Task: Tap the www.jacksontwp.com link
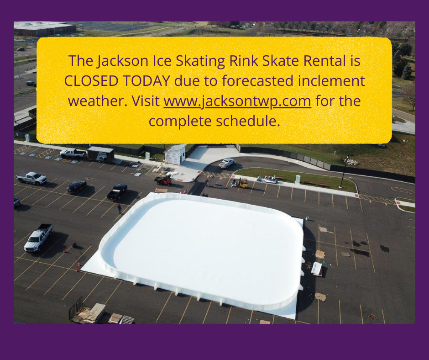click(237, 101)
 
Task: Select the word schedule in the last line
click(248, 121)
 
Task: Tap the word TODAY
click(146, 81)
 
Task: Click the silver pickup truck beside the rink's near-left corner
click(38, 237)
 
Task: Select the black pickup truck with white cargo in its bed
click(117, 191)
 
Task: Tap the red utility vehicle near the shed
click(163, 180)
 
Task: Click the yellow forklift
click(242, 183)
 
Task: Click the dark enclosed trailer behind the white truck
click(100, 154)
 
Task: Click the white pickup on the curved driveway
click(226, 163)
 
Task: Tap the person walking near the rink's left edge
click(119, 208)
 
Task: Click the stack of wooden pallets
click(94, 313)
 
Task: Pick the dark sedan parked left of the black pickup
click(77, 187)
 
